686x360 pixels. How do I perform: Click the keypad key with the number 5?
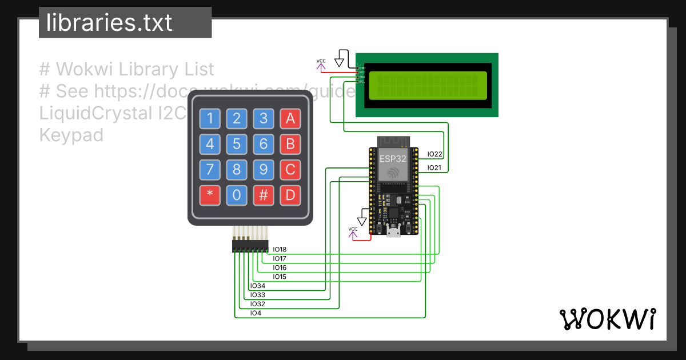(237, 145)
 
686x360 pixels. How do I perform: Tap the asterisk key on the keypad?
(210, 195)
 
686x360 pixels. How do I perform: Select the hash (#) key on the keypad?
(264, 195)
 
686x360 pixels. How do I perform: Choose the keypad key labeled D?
(290, 195)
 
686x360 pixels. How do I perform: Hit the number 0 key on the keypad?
(237, 195)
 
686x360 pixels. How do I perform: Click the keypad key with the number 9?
(264, 170)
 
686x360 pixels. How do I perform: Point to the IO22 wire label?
(435, 154)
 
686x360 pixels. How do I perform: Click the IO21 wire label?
(435, 168)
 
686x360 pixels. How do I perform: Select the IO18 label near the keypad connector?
(280, 250)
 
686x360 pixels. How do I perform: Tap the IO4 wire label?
(256, 314)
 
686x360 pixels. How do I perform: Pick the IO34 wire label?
(258, 286)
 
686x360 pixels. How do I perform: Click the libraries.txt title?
(109, 23)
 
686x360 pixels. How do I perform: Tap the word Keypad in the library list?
(71, 135)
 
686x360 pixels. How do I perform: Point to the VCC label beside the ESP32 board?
(353, 229)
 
